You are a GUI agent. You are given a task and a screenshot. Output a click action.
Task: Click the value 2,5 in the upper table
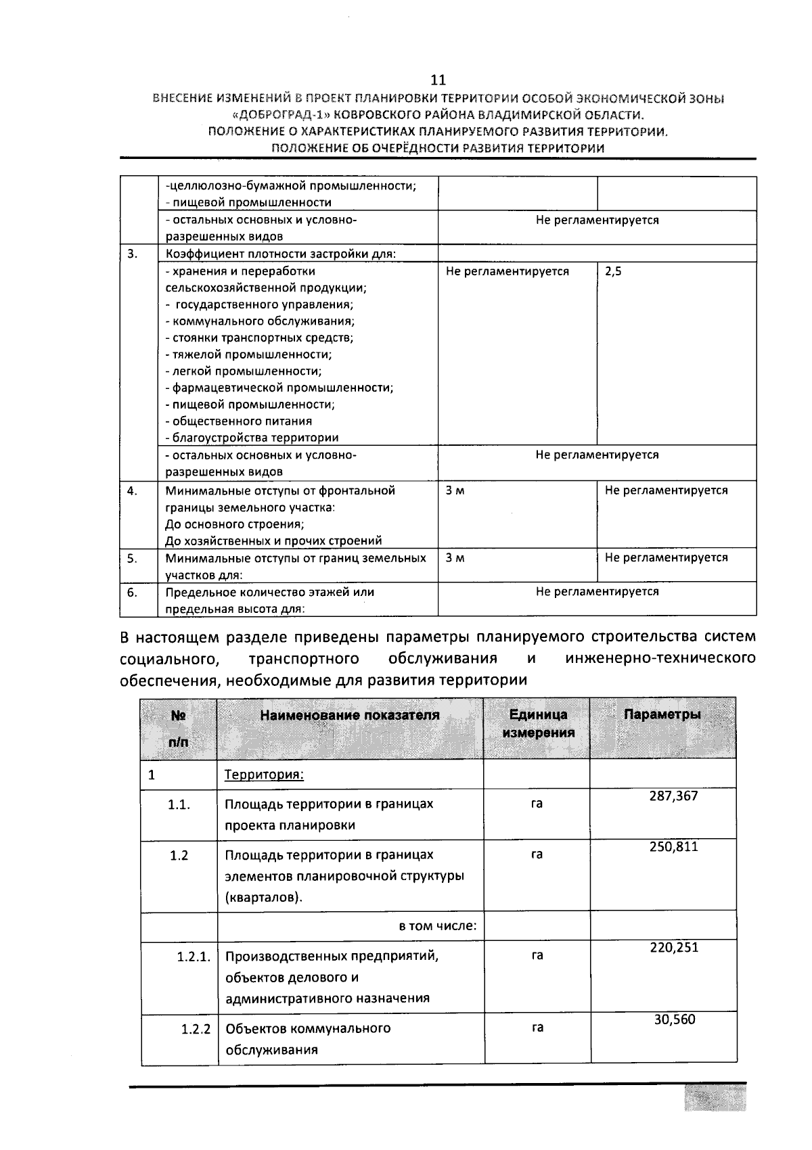(x=613, y=271)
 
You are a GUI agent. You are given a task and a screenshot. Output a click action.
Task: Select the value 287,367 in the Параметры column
(x=673, y=796)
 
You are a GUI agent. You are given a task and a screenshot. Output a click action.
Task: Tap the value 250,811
(x=673, y=847)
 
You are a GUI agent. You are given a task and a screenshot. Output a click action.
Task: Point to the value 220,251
(x=673, y=948)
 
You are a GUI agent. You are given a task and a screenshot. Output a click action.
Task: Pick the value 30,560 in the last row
(x=674, y=1019)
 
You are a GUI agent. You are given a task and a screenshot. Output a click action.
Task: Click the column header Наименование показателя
(x=350, y=715)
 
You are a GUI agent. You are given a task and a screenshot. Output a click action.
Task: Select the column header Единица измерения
(x=538, y=724)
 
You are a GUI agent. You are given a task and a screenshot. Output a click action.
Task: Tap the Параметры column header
(x=662, y=715)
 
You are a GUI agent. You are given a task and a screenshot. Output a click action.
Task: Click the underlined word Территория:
(x=264, y=774)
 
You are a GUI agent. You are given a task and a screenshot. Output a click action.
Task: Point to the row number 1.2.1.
(x=194, y=957)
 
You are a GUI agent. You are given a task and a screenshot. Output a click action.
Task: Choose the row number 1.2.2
(x=196, y=1029)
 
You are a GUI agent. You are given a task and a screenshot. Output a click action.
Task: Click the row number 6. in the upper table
(x=132, y=592)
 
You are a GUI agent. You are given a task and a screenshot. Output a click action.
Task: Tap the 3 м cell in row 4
(x=455, y=490)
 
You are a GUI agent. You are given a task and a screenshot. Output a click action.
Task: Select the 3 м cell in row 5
(x=455, y=558)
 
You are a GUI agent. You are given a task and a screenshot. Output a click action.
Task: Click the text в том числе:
(x=438, y=925)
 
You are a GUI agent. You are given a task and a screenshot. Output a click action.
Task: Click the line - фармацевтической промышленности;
(x=279, y=388)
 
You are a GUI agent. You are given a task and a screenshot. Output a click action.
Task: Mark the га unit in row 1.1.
(x=537, y=804)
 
